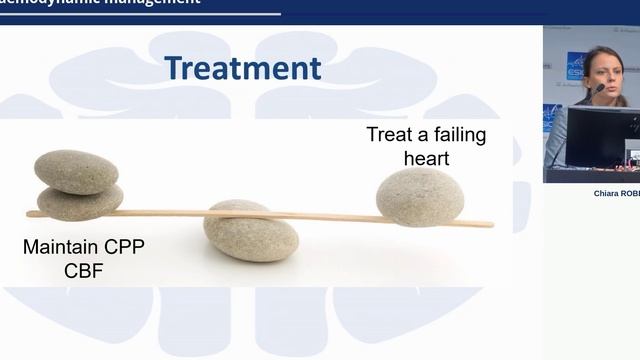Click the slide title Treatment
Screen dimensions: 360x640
(x=243, y=68)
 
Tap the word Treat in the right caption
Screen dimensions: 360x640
(x=388, y=135)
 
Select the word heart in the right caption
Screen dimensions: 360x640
(x=426, y=158)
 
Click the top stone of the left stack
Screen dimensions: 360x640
(x=76, y=171)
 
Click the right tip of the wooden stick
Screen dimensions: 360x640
(x=490, y=224)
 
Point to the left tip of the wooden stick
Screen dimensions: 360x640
(x=30, y=213)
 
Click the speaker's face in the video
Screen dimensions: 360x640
(x=605, y=68)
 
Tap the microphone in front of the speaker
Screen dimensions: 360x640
(x=597, y=89)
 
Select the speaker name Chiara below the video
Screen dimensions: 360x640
(x=608, y=194)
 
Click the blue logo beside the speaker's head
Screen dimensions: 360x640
(x=576, y=65)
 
